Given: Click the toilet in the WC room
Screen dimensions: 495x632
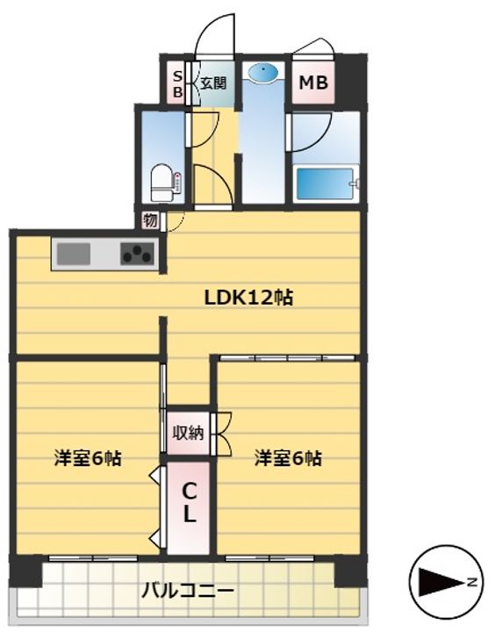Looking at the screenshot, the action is point(161,183).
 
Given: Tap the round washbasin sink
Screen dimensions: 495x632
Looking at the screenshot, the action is point(263,74).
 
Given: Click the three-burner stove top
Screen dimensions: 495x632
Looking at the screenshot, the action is point(138,254).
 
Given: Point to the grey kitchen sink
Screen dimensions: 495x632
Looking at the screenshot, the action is point(74,254).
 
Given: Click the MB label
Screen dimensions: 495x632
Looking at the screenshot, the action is point(313,83).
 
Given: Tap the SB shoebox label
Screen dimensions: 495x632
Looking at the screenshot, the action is point(177,84).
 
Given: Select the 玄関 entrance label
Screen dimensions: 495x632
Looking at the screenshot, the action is point(213,83).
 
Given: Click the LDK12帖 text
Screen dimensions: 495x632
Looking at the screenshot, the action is point(248,298).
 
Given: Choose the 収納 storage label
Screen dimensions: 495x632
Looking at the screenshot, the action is point(188,433).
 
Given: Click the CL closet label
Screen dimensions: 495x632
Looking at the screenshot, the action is point(189,503).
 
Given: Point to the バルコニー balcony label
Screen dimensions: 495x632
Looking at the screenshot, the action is point(188,592).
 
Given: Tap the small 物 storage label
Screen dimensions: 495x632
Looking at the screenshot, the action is point(150,221).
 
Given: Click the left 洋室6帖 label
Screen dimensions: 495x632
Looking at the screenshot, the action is point(88,458).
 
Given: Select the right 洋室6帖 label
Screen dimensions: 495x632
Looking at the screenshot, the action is point(288,458).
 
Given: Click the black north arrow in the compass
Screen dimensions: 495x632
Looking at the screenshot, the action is point(441,582).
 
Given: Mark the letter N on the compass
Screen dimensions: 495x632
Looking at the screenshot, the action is point(472,582).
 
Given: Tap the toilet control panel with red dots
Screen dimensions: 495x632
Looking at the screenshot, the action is point(178,183).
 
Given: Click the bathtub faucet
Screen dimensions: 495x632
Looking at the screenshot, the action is point(355,183).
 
